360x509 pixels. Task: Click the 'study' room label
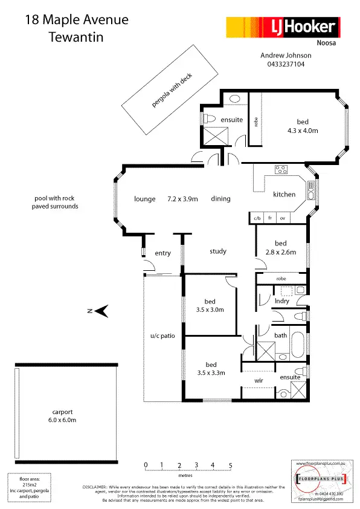(x=218, y=251)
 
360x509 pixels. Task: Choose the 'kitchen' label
(x=284, y=195)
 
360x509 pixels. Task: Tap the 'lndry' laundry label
(x=281, y=300)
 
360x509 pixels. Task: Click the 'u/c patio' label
(x=162, y=336)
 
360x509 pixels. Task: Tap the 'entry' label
(x=162, y=253)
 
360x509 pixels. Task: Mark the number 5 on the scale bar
(x=230, y=465)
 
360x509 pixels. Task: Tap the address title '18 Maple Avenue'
(x=77, y=20)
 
